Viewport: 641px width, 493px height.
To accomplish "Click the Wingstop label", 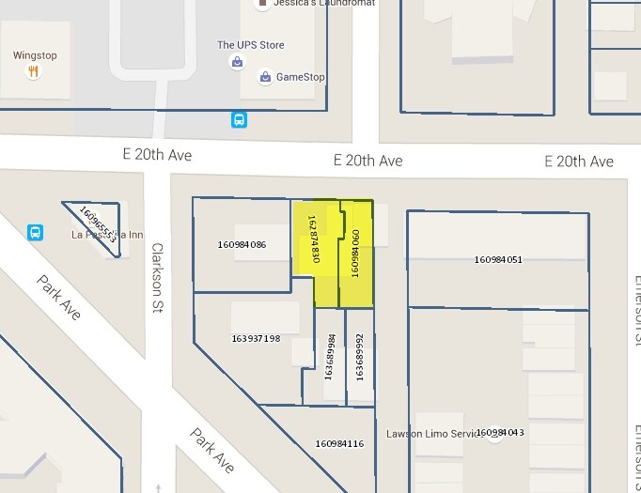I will point(35,55).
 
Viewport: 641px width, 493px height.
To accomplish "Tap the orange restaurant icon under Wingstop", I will point(34,71).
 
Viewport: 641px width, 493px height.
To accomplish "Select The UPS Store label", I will point(250,45).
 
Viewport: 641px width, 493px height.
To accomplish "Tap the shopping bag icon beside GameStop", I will point(266,77).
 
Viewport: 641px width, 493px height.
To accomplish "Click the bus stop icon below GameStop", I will point(240,119).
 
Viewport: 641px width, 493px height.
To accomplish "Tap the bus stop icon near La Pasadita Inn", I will point(36,231).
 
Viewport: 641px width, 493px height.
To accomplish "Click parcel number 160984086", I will point(242,245).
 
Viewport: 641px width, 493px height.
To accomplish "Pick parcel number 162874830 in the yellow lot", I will point(314,239).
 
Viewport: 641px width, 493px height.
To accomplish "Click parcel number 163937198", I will point(256,338).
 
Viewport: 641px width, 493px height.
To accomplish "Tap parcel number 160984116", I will point(339,443).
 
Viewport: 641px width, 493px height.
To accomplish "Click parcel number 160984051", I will point(498,260).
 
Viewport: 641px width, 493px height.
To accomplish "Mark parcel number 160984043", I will point(500,432).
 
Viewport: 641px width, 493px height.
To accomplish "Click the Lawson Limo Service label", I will point(429,434).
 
